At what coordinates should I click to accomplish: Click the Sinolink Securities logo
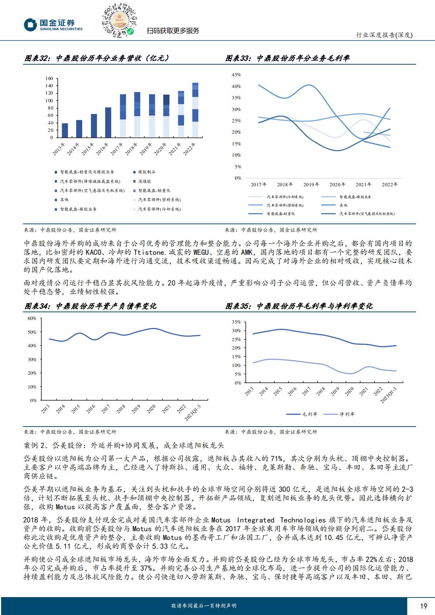tap(53, 25)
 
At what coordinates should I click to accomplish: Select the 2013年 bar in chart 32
tap(65, 130)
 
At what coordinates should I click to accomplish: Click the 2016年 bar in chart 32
tap(108, 122)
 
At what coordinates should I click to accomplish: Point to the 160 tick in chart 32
tap(49, 79)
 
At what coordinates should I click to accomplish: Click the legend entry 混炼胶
tap(144, 182)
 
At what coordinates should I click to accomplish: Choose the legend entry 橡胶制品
tap(146, 172)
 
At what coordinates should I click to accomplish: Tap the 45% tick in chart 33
tap(236, 75)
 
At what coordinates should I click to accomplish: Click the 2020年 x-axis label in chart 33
tap(337, 185)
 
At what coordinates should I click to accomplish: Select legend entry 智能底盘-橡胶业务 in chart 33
tap(355, 197)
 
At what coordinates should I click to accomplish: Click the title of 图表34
tap(90, 306)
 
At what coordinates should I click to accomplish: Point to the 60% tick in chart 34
tap(32, 318)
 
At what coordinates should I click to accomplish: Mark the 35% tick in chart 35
tap(236, 322)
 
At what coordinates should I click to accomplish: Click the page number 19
tap(424, 606)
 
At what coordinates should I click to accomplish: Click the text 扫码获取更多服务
tap(173, 31)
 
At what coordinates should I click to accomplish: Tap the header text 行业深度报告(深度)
tap(384, 35)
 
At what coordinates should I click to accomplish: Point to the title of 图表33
tap(287, 58)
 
